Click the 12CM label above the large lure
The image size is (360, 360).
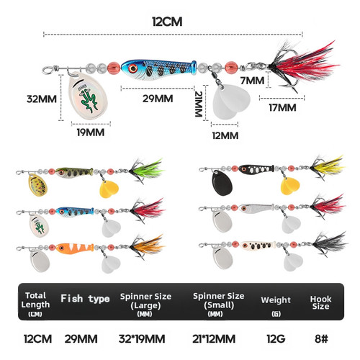(167, 22)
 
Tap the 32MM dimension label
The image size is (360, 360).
(42, 99)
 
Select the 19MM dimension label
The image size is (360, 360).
(91, 132)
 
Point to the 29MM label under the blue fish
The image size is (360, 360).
(158, 99)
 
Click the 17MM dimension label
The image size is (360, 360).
(282, 107)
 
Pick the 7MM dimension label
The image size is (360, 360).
(252, 81)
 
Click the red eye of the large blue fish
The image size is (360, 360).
(132, 68)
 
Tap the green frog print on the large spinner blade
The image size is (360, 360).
(89, 100)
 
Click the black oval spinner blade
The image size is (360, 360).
(222, 183)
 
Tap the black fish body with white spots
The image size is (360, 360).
(256, 169)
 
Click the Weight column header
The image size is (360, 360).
(276, 300)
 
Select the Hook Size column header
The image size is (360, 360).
(320, 302)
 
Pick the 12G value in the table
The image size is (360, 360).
(276, 339)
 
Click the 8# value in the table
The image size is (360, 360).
(321, 339)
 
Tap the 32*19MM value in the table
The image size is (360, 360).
(142, 339)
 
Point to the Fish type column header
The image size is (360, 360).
(85, 299)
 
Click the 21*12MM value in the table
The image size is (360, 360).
(214, 339)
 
